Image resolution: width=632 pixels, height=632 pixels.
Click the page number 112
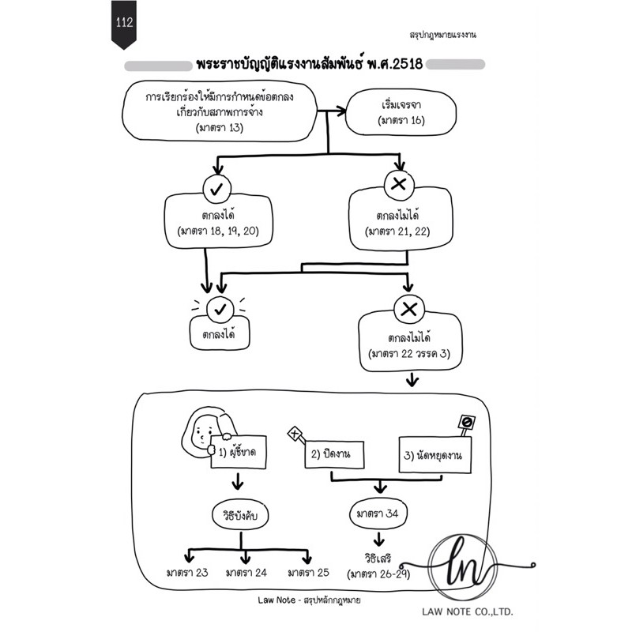124,22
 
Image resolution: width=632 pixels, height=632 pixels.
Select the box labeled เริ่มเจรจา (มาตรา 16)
401,112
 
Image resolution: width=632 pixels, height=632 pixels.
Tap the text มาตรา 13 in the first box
220,128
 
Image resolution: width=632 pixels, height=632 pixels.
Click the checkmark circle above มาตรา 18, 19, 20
217,189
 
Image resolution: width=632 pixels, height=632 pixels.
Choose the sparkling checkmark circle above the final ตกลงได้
220,310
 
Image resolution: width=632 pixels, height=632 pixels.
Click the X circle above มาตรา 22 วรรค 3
409,310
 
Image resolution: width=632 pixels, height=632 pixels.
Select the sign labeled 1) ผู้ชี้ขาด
239,452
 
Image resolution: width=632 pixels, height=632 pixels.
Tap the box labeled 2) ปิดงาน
334,454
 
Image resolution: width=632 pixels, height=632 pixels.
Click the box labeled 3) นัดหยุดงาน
435,455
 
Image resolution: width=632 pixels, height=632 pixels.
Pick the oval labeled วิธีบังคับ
240,516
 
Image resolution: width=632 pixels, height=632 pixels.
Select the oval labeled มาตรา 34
378,514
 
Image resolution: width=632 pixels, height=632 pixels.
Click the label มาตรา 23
187,572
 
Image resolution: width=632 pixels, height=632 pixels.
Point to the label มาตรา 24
246,572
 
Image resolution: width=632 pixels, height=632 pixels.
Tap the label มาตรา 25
308,572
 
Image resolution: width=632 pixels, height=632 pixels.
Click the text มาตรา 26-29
380,574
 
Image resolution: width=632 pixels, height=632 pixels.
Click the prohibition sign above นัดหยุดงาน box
467,423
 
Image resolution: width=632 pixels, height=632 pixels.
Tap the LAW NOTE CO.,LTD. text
468,611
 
